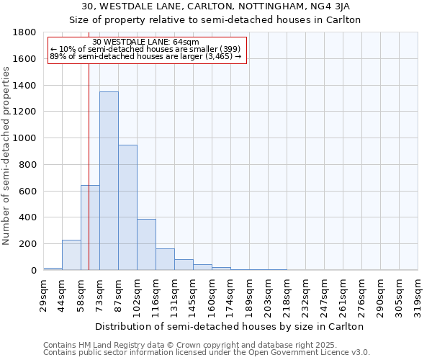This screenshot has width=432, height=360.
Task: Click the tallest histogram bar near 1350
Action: pos(109,181)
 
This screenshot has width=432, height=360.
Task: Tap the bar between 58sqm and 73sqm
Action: pos(90,228)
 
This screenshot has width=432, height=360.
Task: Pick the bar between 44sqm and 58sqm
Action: pos(71,255)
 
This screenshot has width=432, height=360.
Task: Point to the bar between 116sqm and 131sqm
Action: pos(165,259)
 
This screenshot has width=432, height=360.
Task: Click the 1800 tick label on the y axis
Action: pos(25,32)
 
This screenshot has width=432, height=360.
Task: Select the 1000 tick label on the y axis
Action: pos(25,138)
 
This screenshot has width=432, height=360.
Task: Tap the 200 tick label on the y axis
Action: pos(28,244)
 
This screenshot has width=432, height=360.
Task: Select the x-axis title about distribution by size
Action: pos(230,326)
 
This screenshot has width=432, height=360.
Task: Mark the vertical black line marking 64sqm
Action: pos(89,180)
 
